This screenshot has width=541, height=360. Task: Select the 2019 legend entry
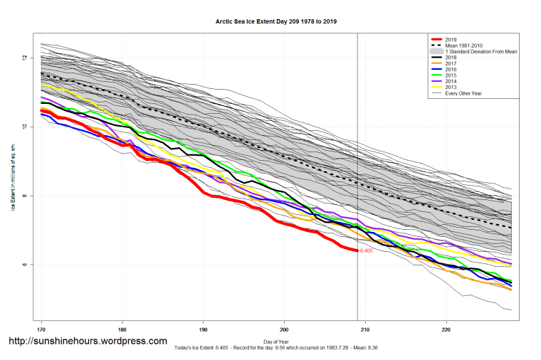450,39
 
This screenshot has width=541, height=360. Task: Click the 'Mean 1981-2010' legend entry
462,46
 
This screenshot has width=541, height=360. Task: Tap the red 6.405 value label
367,251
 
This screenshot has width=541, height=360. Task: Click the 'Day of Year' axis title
276,342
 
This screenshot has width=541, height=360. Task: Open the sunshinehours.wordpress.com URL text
87,342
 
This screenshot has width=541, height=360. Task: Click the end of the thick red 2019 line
357,250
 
